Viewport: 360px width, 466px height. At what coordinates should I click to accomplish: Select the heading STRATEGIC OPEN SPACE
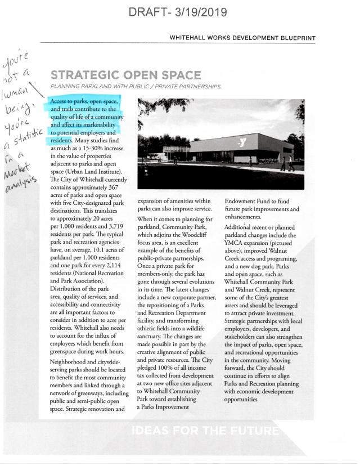[126, 75]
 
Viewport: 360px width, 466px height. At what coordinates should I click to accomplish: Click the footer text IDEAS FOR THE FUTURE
[206, 432]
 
